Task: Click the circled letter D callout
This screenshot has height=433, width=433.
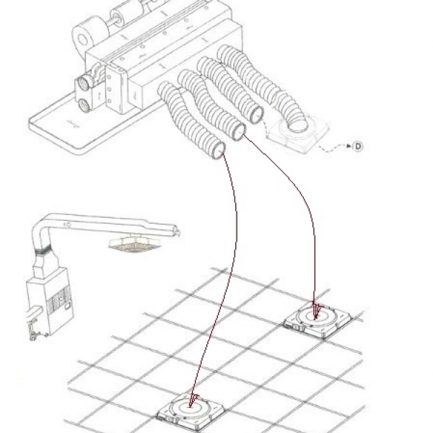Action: [358, 146]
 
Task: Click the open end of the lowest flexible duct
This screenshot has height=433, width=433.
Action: [219, 151]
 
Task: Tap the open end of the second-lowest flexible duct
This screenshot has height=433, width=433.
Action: [238, 132]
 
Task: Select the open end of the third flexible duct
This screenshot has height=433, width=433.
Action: [256, 115]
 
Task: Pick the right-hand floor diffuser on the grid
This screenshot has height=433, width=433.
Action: [318, 320]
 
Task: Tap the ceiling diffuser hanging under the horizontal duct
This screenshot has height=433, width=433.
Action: [134, 245]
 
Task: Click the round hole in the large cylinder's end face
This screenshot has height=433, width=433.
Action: [82, 40]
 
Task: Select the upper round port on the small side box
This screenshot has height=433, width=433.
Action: [83, 82]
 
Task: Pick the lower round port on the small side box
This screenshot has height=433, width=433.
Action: [82, 105]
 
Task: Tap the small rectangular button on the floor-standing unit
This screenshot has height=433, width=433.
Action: [67, 306]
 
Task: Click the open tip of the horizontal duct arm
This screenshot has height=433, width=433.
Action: [177, 231]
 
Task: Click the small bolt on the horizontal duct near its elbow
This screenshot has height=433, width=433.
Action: [66, 224]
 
